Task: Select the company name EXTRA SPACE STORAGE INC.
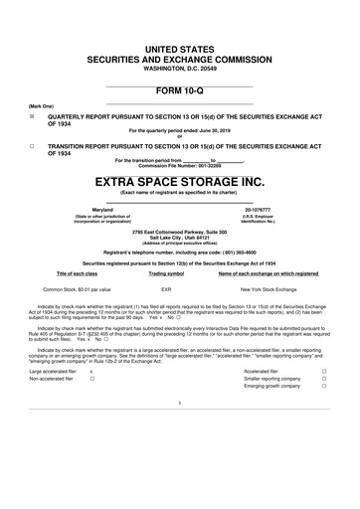pos(180,184)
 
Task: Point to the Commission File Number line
pos(179,165)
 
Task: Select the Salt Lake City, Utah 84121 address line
pos(179,235)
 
